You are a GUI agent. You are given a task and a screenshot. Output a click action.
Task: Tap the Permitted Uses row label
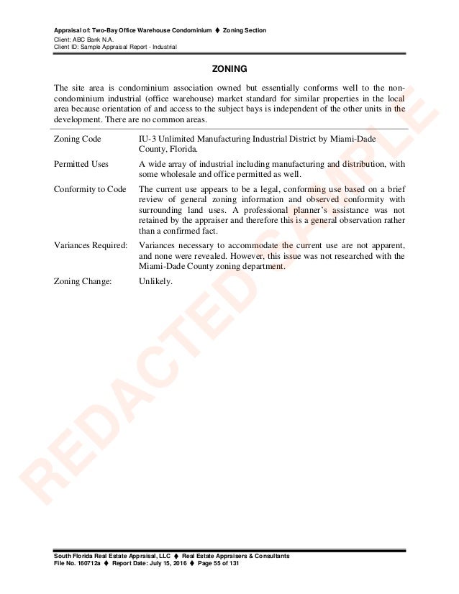pyautogui.click(x=81, y=164)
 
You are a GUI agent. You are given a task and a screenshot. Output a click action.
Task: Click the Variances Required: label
pyautogui.click(x=91, y=245)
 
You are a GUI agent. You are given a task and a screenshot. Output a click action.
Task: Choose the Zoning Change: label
pyautogui.click(x=83, y=281)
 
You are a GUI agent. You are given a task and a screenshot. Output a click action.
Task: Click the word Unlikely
pyautogui.click(x=155, y=281)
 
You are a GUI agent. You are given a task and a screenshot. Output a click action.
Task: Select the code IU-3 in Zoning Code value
pyautogui.click(x=149, y=138)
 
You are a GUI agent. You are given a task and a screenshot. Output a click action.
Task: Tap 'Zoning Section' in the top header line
pyautogui.click(x=245, y=30)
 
